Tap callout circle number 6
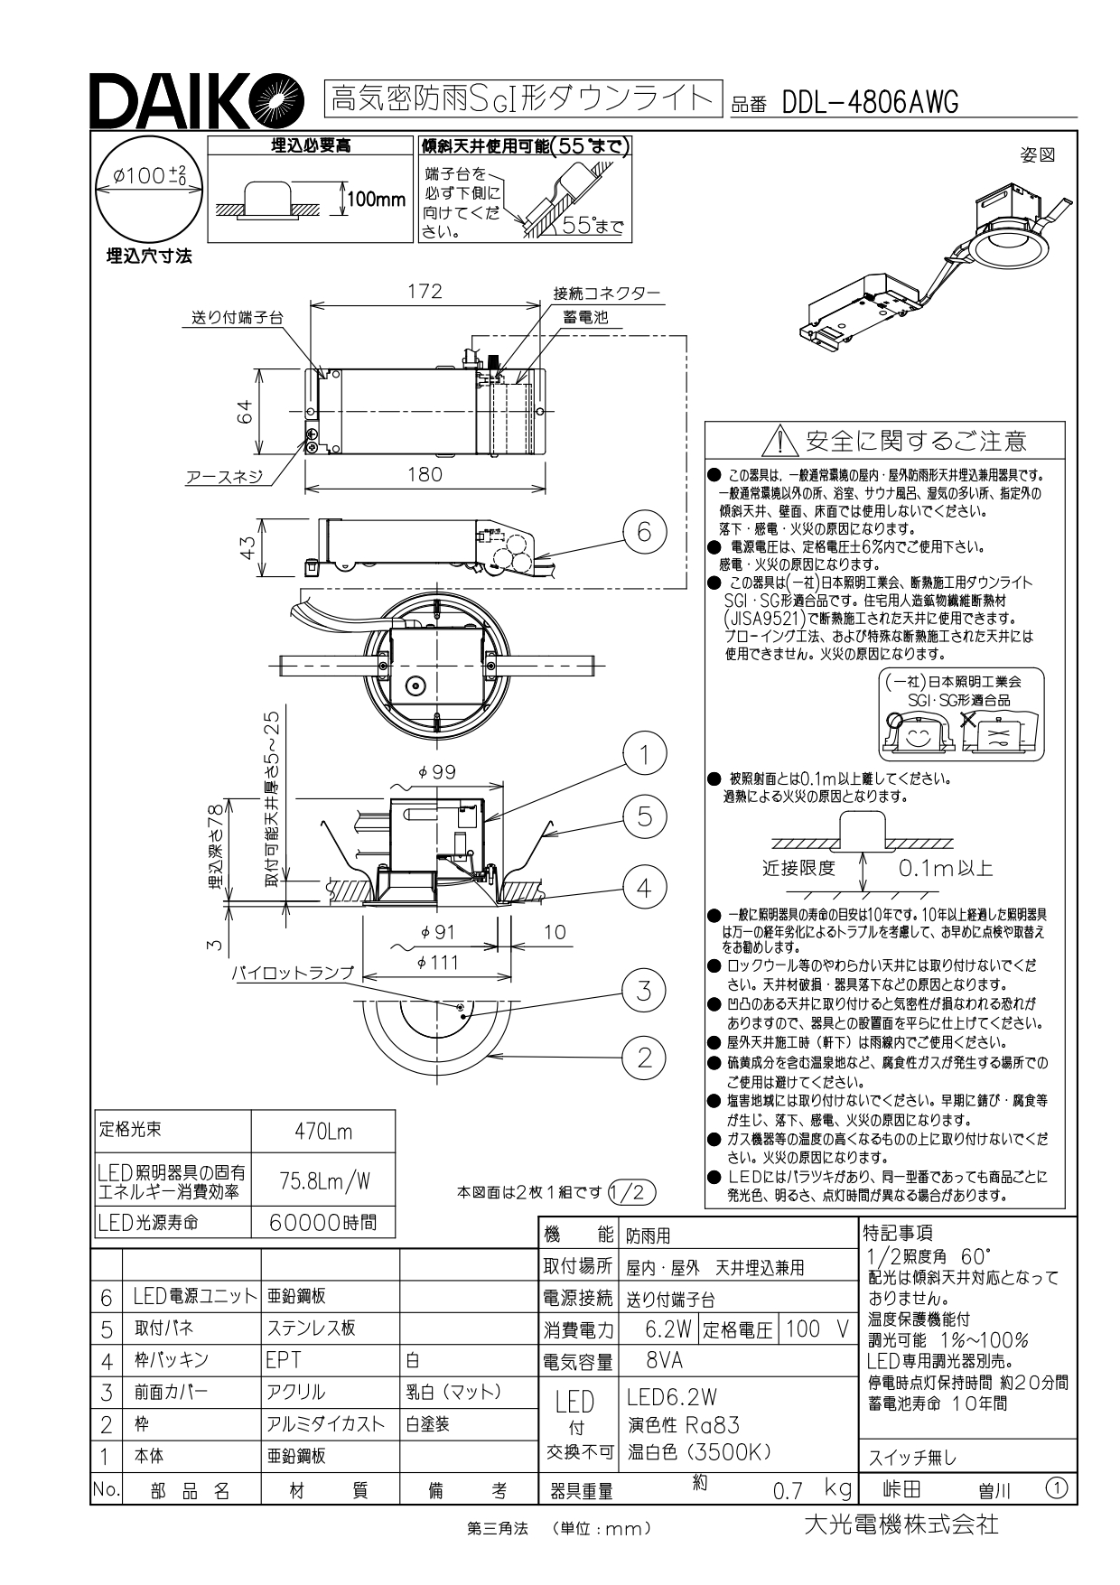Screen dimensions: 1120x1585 coord(644,531)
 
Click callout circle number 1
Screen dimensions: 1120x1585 coord(644,754)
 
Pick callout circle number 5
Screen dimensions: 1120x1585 coord(644,816)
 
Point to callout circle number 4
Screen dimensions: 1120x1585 coord(644,887)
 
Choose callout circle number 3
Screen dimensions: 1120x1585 coord(644,991)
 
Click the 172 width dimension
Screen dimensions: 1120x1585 coord(425,291)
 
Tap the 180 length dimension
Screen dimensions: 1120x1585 coord(425,474)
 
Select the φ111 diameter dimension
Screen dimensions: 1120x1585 coord(438,963)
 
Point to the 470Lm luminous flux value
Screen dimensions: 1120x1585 coord(323,1132)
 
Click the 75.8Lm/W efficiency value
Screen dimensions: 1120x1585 coord(323,1180)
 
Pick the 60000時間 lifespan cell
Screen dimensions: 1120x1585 coord(323,1223)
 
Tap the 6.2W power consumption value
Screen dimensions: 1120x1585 coord(668,1329)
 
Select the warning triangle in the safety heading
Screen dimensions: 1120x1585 coord(777,442)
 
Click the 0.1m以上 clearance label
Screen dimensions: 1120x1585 coord(945,869)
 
